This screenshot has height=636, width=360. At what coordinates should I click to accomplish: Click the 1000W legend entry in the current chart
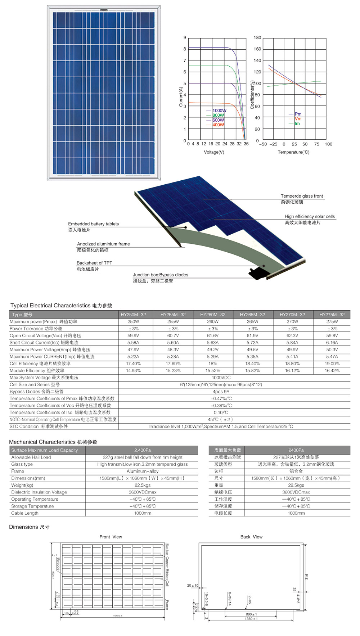pos(219,110)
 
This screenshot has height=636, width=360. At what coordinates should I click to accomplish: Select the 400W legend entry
pos(218,125)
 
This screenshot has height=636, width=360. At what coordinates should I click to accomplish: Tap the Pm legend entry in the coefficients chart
pos(298,114)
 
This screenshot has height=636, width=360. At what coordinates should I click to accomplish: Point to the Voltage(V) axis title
pos(214,152)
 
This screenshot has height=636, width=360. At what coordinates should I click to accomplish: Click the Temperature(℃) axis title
pos(293,152)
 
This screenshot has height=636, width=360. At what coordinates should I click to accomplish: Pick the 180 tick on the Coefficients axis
pos(257,37)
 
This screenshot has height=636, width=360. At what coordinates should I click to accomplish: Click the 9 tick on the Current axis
pos(185,37)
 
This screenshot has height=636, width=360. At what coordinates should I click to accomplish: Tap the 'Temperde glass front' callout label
pos(302,196)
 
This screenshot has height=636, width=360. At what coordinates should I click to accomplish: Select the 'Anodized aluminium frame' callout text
pos(103,244)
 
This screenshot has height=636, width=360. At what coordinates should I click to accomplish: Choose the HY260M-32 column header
pos(213,315)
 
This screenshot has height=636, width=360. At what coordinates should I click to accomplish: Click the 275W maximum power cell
pos(332,322)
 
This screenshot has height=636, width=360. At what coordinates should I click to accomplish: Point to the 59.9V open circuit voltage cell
pos(133,335)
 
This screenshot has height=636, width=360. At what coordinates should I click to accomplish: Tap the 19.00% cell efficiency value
pos(332,364)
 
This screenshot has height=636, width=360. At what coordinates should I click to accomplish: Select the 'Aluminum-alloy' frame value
pos(143,471)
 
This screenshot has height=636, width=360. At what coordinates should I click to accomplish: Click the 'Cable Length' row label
pos(25,513)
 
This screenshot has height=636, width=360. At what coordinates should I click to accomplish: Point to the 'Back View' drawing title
pos(251,537)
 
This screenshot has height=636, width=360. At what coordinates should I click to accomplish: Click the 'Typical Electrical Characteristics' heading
pos(50,306)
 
